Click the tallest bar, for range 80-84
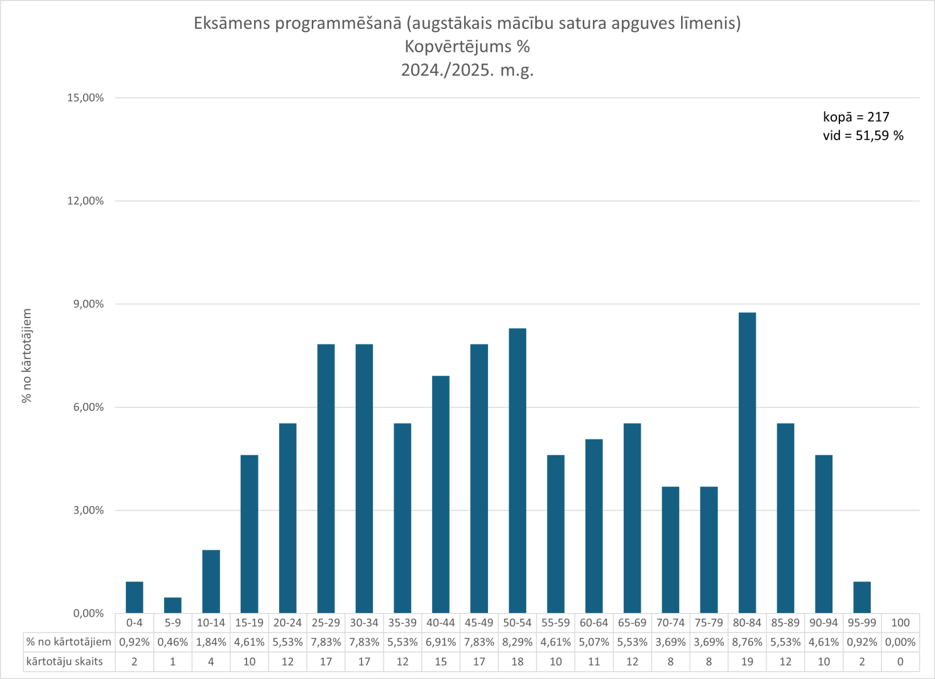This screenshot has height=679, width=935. click(x=747, y=462)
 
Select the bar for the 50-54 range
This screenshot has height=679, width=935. click(x=517, y=470)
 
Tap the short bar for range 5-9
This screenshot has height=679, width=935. click(x=173, y=605)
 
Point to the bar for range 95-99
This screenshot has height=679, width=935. click(x=862, y=597)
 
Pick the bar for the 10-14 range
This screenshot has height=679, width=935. click(x=211, y=582)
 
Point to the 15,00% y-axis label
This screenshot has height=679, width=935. click(x=86, y=98)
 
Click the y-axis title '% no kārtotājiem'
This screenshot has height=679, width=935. click(x=26, y=356)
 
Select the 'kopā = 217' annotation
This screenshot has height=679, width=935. click(x=856, y=117)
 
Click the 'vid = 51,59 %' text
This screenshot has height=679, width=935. click(x=863, y=136)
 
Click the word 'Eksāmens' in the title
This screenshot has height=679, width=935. click(x=232, y=24)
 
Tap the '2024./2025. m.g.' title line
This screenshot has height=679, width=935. click(x=467, y=70)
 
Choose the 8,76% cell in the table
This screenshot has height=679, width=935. click(x=747, y=642)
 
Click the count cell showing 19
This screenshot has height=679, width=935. click(x=747, y=661)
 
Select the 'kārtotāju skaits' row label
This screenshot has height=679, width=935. click(x=65, y=661)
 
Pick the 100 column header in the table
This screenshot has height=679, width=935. click(x=900, y=622)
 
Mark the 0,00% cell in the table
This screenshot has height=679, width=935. click(x=900, y=642)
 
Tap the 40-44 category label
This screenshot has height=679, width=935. click(x=441, y=622)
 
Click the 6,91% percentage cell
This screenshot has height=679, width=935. click(x=441, y=642)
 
